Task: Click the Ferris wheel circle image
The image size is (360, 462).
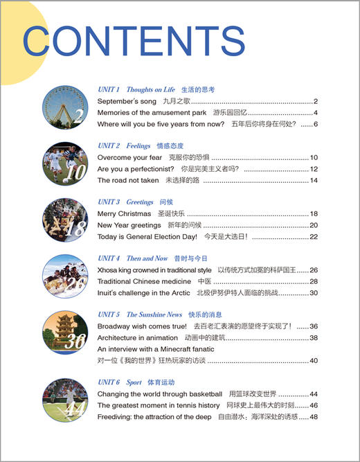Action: (64, 107)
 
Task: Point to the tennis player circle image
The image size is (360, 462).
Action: (64, 400)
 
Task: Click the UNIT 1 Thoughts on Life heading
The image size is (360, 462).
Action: (136, 90)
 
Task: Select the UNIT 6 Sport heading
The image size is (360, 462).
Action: (120, 382)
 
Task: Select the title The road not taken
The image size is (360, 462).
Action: (125, 180)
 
